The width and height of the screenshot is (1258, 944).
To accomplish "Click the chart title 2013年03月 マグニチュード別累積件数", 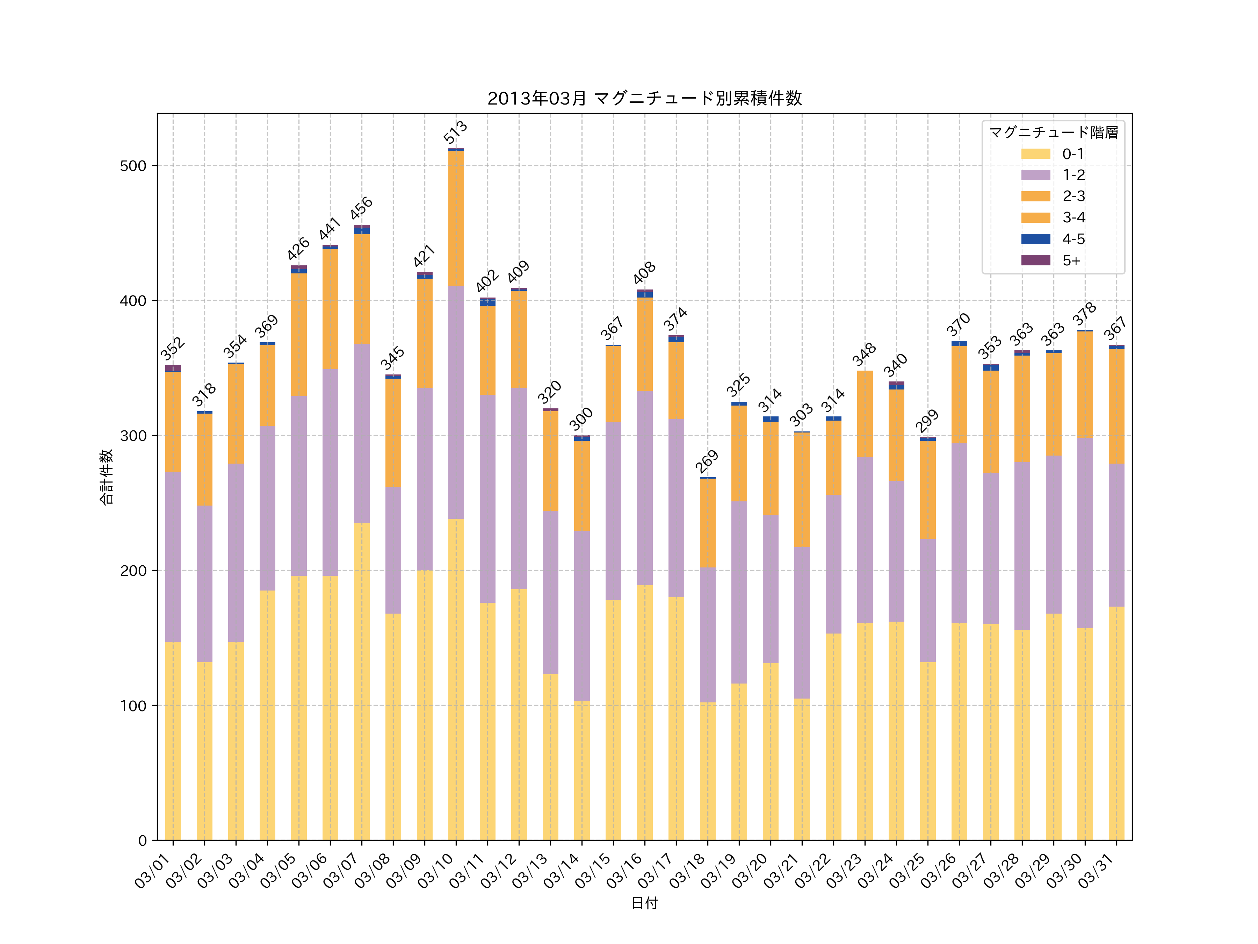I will coord(644,99).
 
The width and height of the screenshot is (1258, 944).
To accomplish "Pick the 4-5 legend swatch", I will coord(1036,239).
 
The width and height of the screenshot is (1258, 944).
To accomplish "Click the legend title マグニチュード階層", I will coord(1053,133).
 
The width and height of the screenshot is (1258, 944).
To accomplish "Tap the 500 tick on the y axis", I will coord(133,166).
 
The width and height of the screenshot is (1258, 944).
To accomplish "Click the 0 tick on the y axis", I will coord(142,841).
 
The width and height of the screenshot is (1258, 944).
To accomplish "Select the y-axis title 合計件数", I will coord(106,477).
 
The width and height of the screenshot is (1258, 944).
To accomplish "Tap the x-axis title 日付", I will coord(644,903).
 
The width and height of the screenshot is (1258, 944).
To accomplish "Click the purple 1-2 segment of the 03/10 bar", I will coord(456,402).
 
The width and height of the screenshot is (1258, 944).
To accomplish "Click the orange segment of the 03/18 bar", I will coord(708,523).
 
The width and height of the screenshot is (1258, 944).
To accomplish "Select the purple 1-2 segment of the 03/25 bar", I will coord(927,600).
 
